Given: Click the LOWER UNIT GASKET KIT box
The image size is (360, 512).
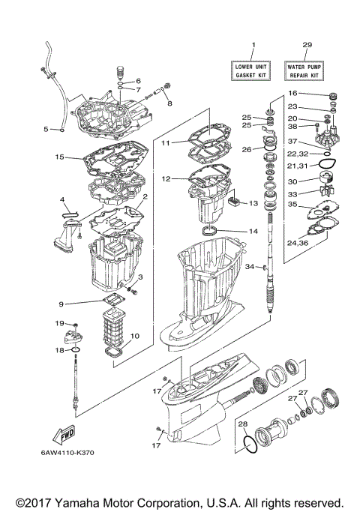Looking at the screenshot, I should click(253, 71).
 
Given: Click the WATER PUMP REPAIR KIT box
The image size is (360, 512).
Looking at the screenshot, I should click(306, 71).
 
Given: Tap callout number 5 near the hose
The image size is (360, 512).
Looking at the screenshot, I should click(46, 129).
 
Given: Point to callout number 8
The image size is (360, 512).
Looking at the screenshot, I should click(169, 103).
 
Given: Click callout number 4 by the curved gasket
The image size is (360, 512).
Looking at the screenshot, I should click(64, 199).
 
